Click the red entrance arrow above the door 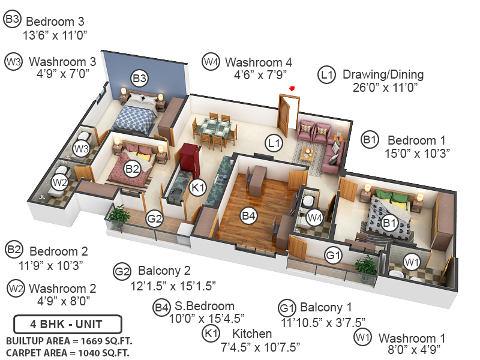click(x=292, y=89)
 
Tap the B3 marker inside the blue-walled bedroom click(x=140, y=77)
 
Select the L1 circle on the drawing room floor click(x=274, y=143)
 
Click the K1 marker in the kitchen click(x=198, y=187)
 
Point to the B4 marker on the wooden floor click(x=249, y=214)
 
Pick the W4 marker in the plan click(x=314, y=217)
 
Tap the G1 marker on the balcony click(x=334, y=256)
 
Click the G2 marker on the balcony click(x=155, y=219)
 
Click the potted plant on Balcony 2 click(x=121, y=214)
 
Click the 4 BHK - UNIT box click(x=67, y=324)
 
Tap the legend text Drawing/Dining click(x=383, y=75)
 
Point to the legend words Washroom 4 click(x=258, y=62)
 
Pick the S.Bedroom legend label click(x=202, y=307)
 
